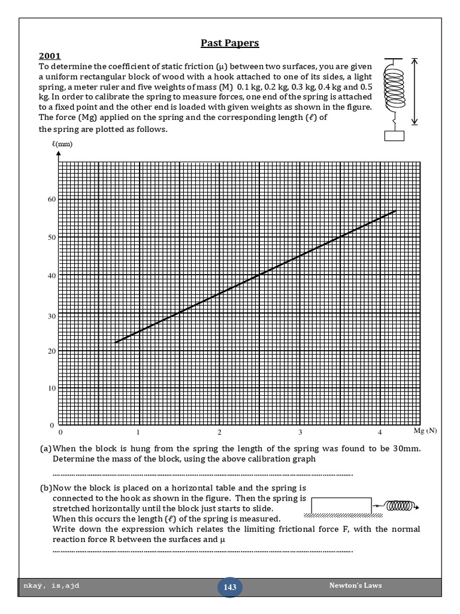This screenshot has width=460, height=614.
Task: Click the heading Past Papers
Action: [230, 43]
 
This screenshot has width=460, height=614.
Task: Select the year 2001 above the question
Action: [50, 56]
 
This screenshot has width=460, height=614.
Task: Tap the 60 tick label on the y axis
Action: [52, 199]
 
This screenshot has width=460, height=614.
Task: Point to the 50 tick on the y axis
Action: [52, 237]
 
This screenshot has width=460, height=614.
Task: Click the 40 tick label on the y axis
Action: [52, 276]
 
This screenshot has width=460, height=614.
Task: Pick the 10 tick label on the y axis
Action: [52, 389]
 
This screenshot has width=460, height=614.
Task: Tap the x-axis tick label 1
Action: [138, 432]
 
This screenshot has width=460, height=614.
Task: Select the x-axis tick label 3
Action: [300, 432]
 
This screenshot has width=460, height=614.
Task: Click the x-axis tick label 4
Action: [380, 432]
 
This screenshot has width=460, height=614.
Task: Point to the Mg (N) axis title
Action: [425, 431]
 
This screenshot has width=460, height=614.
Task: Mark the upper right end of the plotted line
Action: [396, 210]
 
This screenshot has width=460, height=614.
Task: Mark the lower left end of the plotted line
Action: [116, 342]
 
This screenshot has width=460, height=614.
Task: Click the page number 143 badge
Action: [230, 588]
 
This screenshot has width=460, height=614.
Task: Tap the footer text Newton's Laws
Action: [355, 585]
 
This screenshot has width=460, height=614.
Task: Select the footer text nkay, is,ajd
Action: [54, 586]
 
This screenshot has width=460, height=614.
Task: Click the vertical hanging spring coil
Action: [394, 89]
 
